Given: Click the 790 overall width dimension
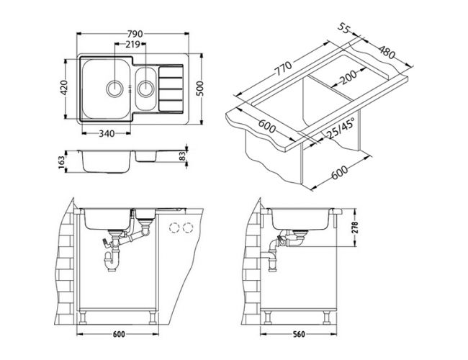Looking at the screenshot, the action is [135, 34].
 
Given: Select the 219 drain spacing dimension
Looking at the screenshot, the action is [132, 44].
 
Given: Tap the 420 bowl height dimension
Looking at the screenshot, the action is [64, 87].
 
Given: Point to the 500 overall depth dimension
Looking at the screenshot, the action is [200, 89].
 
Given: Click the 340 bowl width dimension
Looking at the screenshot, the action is [107, 133].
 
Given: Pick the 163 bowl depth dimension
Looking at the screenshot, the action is [62, 163].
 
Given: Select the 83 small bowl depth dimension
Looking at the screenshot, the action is [182, 156].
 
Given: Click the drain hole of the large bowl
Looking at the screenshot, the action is [114, 88].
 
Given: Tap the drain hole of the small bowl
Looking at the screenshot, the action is [145, 88].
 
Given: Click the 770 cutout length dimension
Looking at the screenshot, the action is [283, 68].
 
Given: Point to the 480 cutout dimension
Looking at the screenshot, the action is [387, 53].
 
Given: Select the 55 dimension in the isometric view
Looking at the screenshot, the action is [344, 28].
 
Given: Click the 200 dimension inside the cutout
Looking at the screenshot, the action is [348, 77].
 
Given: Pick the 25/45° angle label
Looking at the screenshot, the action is [341, 128].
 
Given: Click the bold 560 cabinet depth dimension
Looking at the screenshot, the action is [299, 334].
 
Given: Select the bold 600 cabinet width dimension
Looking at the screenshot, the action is [119, 334].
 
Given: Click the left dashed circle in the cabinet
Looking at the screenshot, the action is [174, 228].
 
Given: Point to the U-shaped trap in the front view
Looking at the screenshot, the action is [112, 261].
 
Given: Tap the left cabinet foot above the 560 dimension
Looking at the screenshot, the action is [268, 318].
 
